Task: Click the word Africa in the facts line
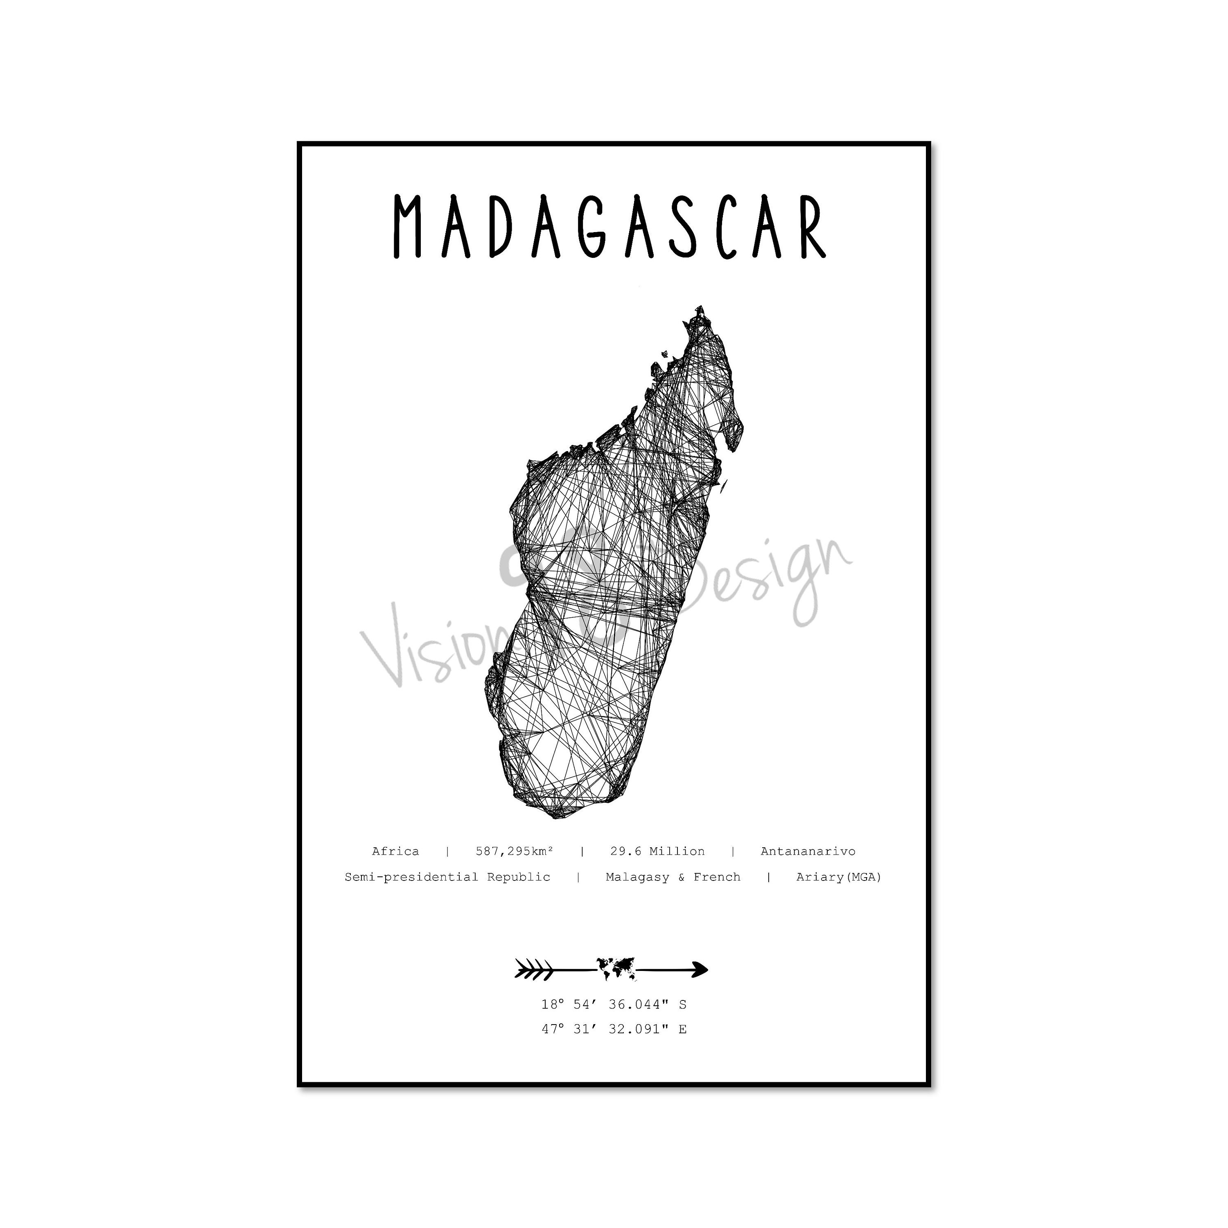coord(395,851)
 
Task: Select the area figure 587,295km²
coord(514,851)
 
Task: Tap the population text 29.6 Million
coord(657,851)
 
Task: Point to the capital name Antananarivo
coord(808,851)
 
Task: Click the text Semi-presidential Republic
coord(447,877)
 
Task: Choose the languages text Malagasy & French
coord(673,877)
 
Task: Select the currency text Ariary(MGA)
coord(839,877)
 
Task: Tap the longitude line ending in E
coord(614,1029)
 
